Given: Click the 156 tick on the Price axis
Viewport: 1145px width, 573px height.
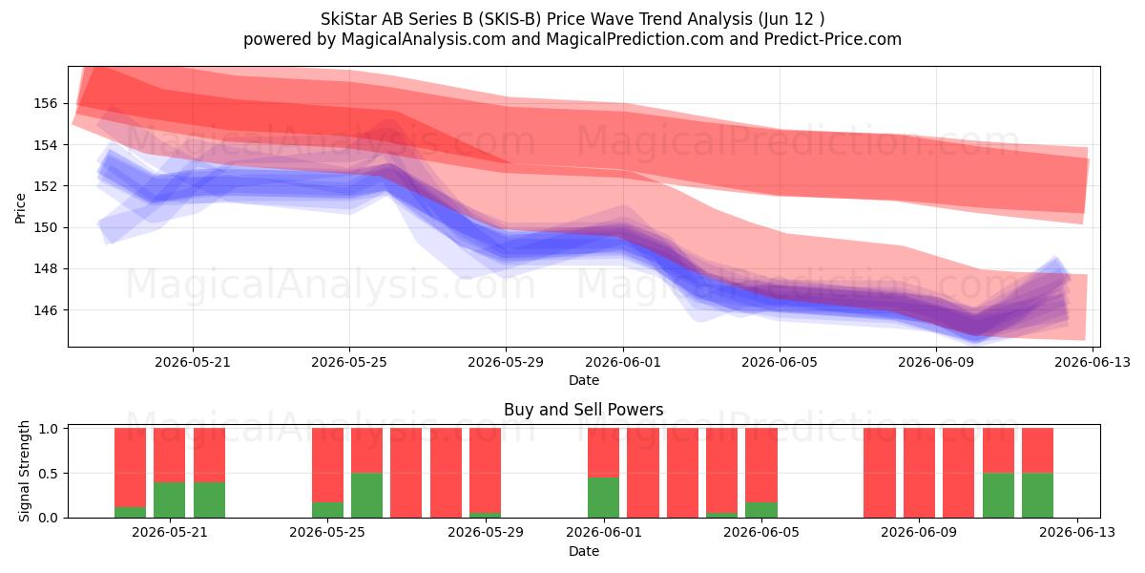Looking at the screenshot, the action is tap(45, 103).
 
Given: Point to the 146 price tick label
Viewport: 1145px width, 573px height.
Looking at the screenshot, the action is tap(45, 310).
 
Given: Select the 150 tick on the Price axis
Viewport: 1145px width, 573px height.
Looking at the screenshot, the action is tap(45, 227).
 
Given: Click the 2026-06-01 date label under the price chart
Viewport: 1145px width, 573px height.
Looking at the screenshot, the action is tap(622, 362).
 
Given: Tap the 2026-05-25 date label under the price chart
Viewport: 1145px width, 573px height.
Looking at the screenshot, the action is tap(349, 362).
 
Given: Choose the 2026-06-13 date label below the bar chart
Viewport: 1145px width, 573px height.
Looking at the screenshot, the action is tap(1077, 532).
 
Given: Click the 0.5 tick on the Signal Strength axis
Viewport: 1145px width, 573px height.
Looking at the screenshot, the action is tap(48, 474).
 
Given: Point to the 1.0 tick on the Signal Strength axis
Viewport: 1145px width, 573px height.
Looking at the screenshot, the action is tap(48, 429).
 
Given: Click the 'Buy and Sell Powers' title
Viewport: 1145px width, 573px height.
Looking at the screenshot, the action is tap(584, 410).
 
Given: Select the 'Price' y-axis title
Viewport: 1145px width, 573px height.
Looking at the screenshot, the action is tap(20, 208).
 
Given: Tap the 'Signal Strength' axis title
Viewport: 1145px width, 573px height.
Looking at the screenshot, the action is tap(24, 471).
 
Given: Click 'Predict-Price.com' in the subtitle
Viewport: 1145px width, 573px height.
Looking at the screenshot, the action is tap(833, 39).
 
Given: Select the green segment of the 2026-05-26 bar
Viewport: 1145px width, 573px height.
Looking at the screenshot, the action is tap(366, 496).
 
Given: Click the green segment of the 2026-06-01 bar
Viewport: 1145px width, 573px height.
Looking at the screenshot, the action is tap(603, 498).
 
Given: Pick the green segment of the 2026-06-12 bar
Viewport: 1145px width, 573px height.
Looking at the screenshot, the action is tap(1038, 496).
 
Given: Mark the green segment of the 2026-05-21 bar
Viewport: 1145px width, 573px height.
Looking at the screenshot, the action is tap(169, 499).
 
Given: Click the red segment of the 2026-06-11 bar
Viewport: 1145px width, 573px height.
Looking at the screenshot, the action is tap(998, 450).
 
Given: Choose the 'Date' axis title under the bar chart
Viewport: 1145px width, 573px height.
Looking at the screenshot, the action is tap(584, 551).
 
